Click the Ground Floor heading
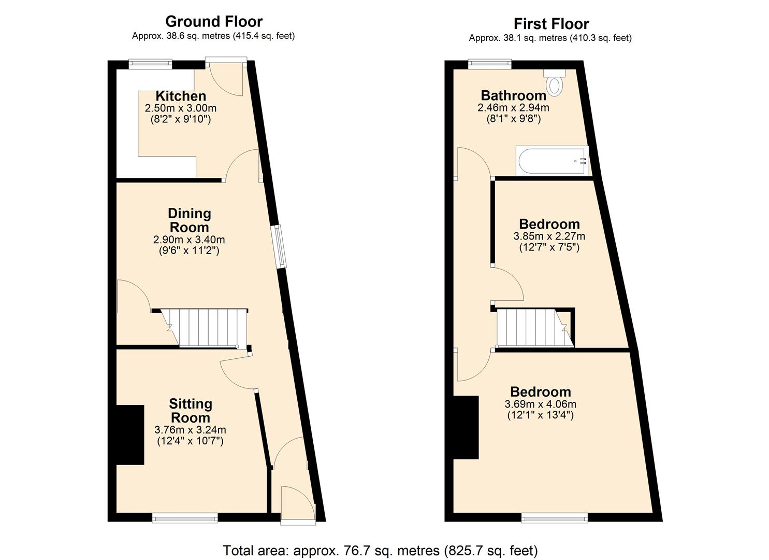(x=213, y=21)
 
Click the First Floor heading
(x=551, y=24)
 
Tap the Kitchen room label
(x=181, y=96)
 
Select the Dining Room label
(x=189, y=220)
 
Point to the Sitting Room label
(x=190, y=411)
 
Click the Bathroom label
(x=513, y=95)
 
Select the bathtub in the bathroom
(x=553, y=161)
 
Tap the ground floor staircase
(x=205, y=328)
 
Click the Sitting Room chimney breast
(x=129, y=435)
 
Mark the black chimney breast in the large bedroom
(x=466, y=427)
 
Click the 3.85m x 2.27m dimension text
(x=549, y=236)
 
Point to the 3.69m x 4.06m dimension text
(x=540, y=404)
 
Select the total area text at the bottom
(x=380, y=550)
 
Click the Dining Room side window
(x=280, y=246)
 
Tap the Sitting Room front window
(x=185, y=517)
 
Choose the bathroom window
(x=489, y=64)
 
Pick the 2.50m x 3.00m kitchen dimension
(x=180, y=108)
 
